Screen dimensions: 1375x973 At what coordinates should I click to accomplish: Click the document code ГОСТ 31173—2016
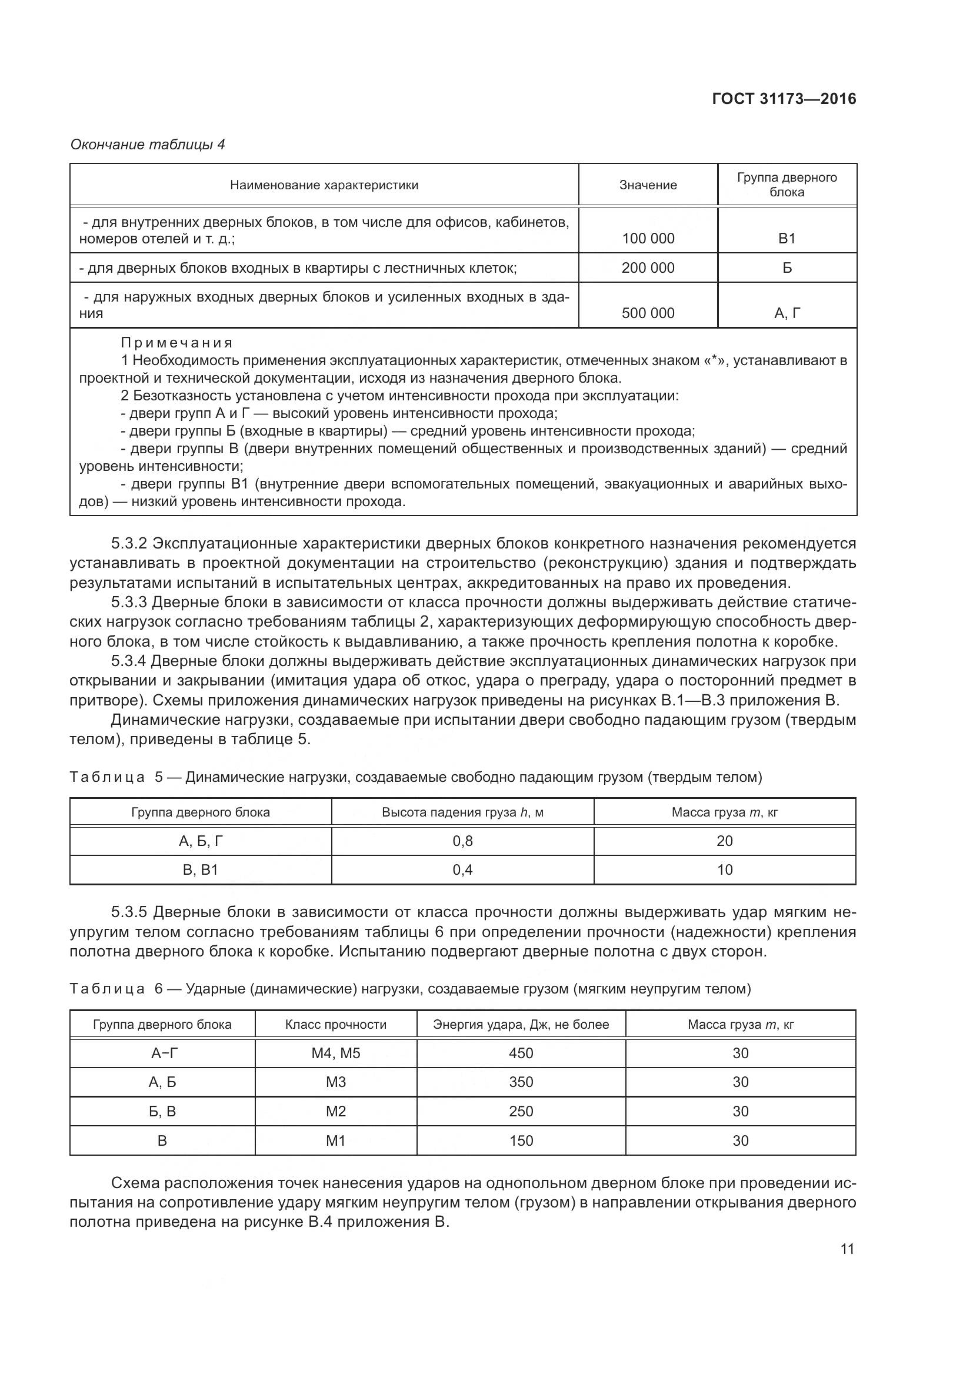click(x=784, y=99)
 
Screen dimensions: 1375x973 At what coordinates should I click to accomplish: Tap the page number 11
click(x=847, y=1249)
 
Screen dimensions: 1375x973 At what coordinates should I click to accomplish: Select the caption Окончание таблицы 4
click(x=148, y=145)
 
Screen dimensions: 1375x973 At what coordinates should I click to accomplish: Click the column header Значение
click(x=648, y=185)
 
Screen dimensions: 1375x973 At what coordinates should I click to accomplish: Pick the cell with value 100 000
click(x=648, y=238)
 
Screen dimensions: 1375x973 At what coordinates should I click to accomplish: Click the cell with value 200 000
click(x=648, y=267)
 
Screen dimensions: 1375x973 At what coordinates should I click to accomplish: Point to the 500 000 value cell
click(x=648, y=313)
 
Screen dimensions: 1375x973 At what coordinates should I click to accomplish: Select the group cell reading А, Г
click(x=787, y=313)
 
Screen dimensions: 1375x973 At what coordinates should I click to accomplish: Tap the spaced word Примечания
click(x=176, y=343)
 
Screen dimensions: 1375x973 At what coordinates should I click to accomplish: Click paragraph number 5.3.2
click(x=129, y=543)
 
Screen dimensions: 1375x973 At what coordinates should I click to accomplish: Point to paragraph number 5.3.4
click(x=129, y=661)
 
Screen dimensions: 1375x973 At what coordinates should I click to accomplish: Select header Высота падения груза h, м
click(x=462, y=812)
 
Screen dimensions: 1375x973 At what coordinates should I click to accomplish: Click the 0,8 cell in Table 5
click(x=462, y=841)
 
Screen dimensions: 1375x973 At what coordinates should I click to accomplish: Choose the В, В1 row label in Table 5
click(x=200, y=869)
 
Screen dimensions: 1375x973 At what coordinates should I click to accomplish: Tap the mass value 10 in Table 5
click(x=724, y=869)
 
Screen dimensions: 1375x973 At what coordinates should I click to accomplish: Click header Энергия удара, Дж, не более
click(x=521, y=1024)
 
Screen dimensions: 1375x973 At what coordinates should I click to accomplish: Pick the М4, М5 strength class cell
click(x=335, y=1053)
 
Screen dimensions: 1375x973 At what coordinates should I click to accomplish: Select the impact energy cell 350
click(x=521, y=1082)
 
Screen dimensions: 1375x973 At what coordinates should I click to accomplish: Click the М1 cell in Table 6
click(x=335, y=1140)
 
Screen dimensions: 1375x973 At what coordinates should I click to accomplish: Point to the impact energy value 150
click(x=521, y=1140)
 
